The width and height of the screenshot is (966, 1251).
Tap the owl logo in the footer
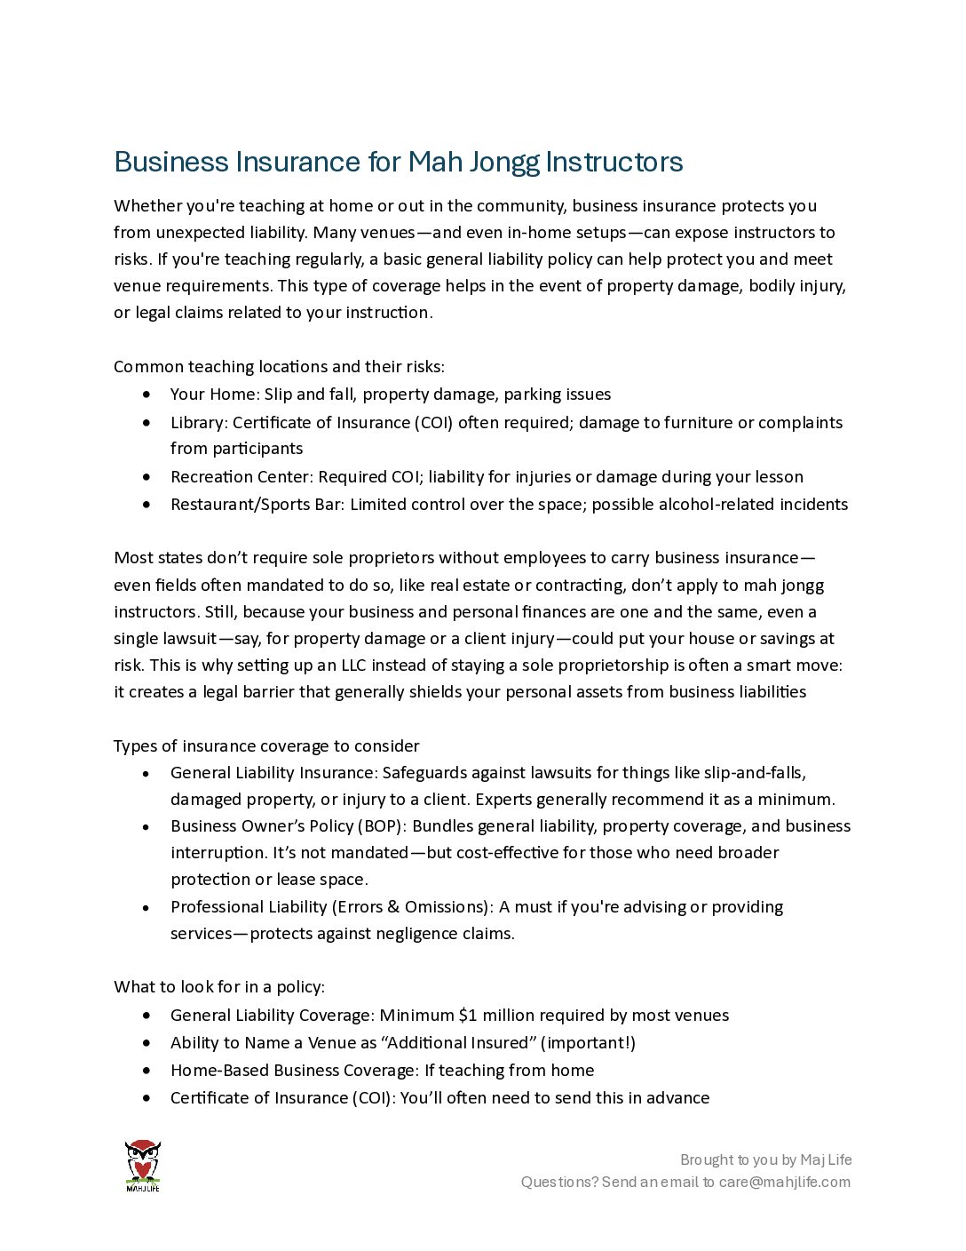coord(142,1165)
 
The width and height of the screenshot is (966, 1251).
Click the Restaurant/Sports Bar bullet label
coord(257,505)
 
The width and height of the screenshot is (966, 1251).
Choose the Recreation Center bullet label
coord(241,477)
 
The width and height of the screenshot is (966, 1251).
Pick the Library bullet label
coord(200,423)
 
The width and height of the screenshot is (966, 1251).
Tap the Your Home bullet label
coord(215,394)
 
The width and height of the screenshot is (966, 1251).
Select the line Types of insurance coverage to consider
coord(266,746)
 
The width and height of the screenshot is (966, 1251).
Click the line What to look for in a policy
coord(219,987)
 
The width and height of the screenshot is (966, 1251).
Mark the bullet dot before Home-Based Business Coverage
coord(146,1071)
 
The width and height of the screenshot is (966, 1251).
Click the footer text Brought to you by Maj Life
coord(765,1159)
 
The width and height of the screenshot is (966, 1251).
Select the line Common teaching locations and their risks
coord(279,367)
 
